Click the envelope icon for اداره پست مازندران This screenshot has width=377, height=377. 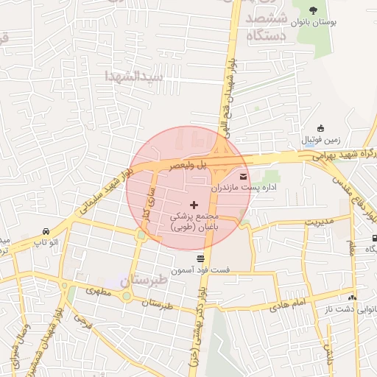tap(244, 175)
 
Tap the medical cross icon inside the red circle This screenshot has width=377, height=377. tap(194, 204)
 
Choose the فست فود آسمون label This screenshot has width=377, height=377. tap(201, 271)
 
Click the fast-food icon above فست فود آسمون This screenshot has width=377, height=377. tap(200, 258)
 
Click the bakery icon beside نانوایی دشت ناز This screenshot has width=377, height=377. tap(352, 297)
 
